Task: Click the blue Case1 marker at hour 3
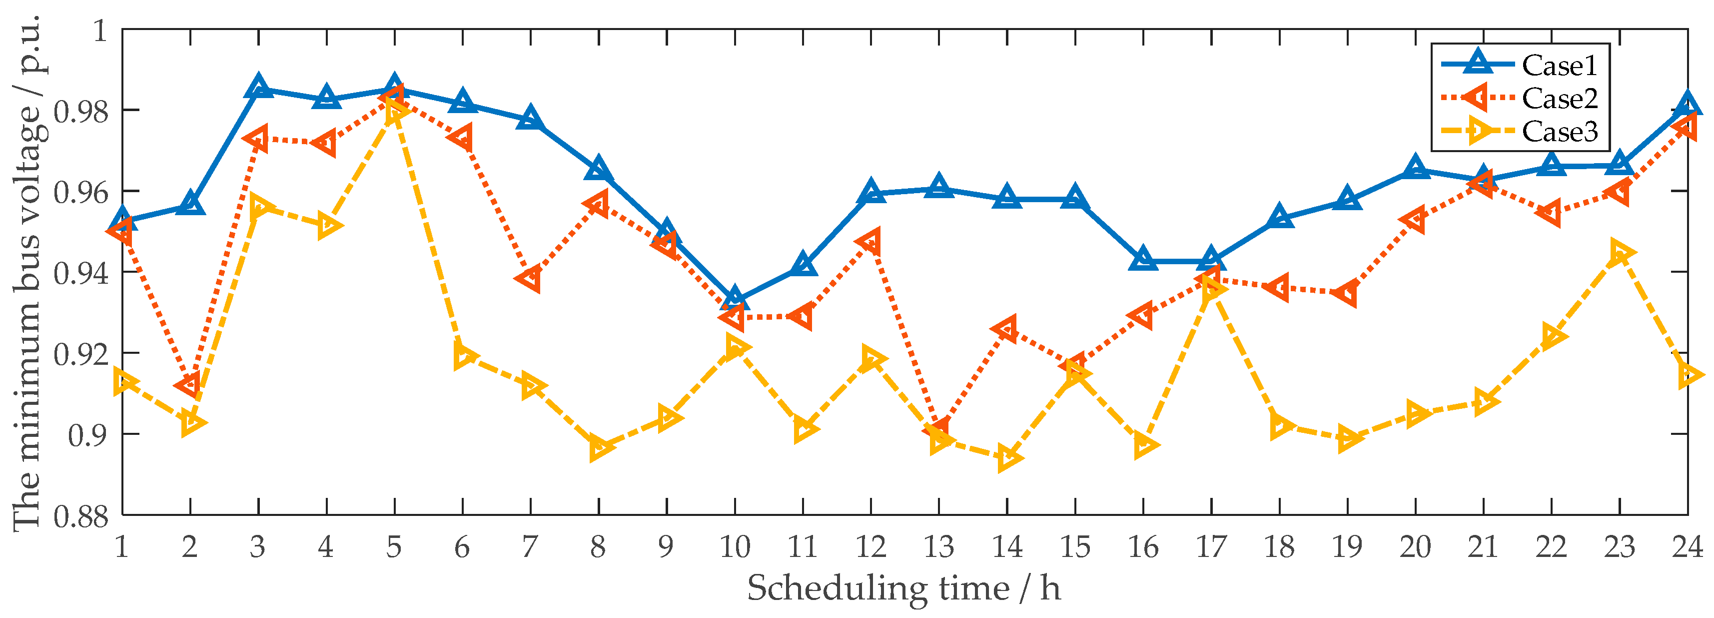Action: pyautogui.click(x=258, y=87)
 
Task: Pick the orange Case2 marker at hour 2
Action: pyautogui.click(x=189, y=385)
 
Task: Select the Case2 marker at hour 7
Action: pyautogui.click(x=530, y=278)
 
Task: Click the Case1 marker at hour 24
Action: pyautogui.click(x=1688, y=105)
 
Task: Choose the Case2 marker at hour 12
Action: pyautogui.click(x=869, y=242)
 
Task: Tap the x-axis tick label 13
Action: pyautogui.click(x=938, y=547)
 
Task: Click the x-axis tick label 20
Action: pyautogui.click(x=1415, y=547)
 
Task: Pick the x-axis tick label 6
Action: pyautogui.click(x=462, y=547)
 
